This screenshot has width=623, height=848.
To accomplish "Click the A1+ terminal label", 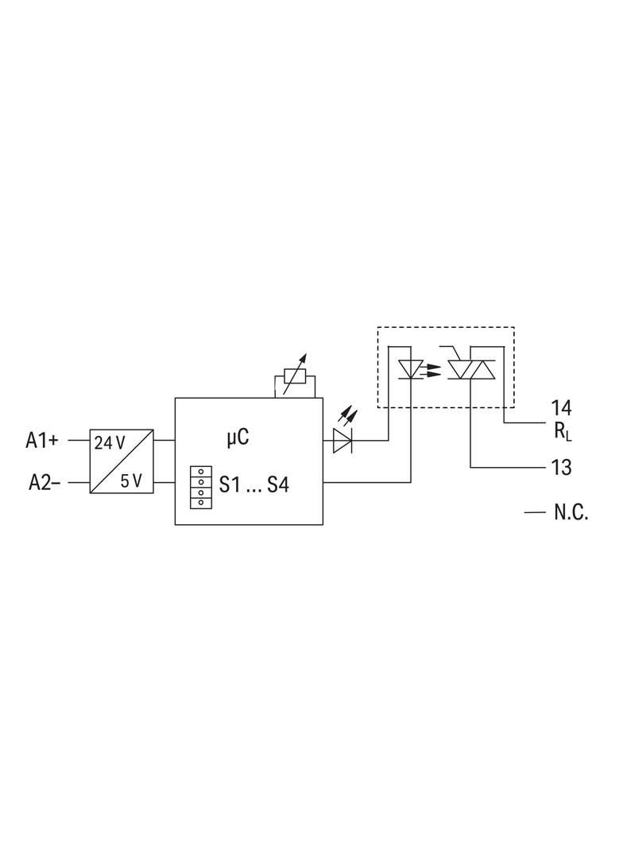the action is [x=41, y=440].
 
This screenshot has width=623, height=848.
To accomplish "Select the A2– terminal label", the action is [x=44, y=482].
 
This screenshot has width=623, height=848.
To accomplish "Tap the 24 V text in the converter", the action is [x=110, y=443].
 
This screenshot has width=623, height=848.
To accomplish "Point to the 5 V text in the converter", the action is [x=131, y=480].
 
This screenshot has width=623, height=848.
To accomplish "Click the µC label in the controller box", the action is [x=238, y=437].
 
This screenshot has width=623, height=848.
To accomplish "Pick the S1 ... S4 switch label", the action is [x=254, y=484].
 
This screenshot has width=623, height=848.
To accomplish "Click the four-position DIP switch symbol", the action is [x=201, y=487].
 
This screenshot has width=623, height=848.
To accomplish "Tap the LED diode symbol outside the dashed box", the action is [x=342, y=440].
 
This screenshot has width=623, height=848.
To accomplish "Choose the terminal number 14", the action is [x=561, y=408].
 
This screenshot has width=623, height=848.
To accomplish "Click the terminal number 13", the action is [x=561, y=467].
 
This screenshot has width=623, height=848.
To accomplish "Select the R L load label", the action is [x=562, y=431].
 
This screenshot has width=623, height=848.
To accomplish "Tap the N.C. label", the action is [x=571, y=512].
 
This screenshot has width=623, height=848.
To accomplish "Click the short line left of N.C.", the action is [x=535, y=512].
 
